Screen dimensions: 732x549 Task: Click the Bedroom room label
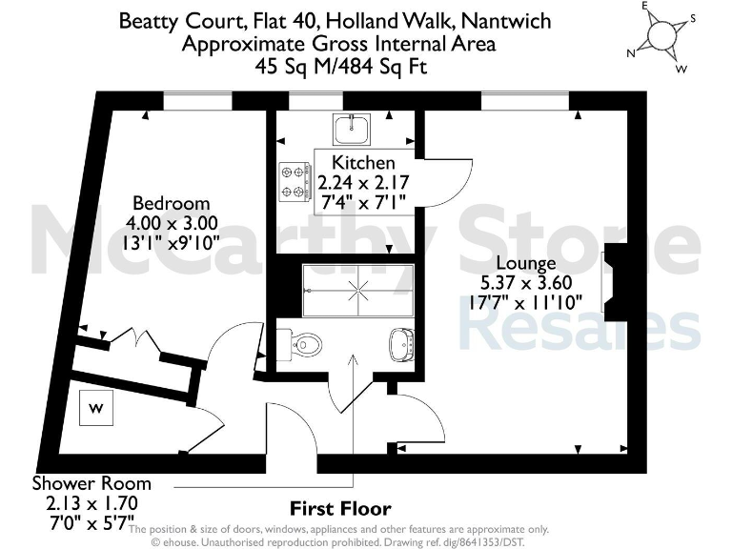[171, 203]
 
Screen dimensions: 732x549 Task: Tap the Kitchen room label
[362, 163]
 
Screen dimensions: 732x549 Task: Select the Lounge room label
[525, 263]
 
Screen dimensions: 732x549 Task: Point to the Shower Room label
[91, 483]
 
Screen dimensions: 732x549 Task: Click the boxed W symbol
[96, 409]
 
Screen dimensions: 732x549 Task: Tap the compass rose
[658, 36]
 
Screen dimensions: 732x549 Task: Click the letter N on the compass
[630, 53]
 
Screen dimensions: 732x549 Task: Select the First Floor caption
[340, 508]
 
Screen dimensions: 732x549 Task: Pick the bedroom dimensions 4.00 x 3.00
[172, 222]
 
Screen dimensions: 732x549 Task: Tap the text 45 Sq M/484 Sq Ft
[340, 67]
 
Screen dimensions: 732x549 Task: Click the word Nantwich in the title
[509, 20]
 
